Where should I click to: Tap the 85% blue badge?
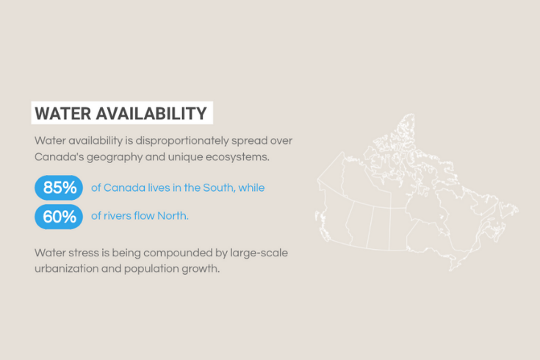point(59,188)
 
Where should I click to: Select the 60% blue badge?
point(59,216)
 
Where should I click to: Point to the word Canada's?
point(59,156)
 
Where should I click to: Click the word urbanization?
point(65,270)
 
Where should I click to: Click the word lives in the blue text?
point(154,188)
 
